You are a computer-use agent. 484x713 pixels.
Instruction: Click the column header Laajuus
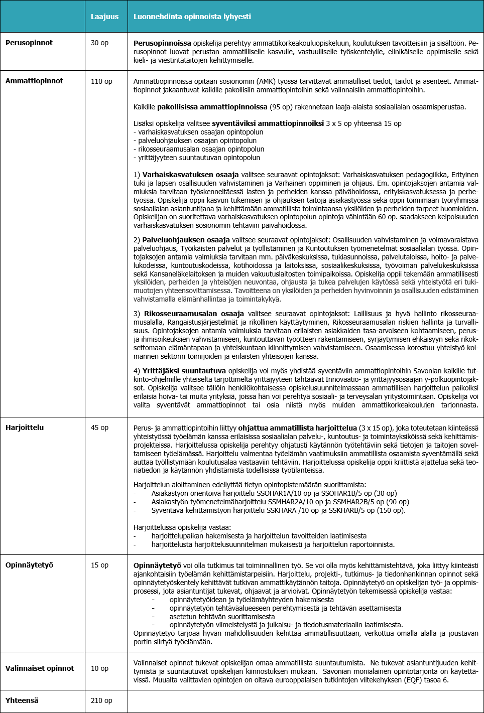[x=104, y=17]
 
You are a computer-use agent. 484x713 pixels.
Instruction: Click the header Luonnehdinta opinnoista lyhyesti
[x=192, y=17]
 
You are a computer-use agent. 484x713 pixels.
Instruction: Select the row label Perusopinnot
[x=29, y=43]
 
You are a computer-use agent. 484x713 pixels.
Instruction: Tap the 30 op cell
[x=99, y=43]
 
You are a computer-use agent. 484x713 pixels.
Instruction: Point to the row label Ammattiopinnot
[x=34, y=81]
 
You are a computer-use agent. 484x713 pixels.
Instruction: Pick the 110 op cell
[x=101, y=81]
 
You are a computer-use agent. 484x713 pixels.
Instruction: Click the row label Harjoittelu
[x=25, y=427]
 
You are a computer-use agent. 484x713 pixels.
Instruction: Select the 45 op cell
[x=99, y=427]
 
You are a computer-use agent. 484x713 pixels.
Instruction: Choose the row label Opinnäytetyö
[x=29, y=565]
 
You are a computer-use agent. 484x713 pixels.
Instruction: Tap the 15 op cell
[x=99, y=565]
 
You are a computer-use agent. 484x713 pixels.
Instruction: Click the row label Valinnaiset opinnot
[x=40, y=668]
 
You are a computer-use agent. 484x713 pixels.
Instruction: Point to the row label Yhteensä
[x=22, y=700]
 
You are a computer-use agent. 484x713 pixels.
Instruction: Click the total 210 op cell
[x=101, y=700]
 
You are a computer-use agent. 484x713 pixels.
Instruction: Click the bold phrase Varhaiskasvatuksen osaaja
[x=190, y=175]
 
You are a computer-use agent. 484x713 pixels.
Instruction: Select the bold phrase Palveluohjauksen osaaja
[x=186, y=240]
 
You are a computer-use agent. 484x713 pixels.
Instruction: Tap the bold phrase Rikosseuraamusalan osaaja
[x=194, y=314]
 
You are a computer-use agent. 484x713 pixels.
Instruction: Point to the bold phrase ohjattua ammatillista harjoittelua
[x=297, y=428]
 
